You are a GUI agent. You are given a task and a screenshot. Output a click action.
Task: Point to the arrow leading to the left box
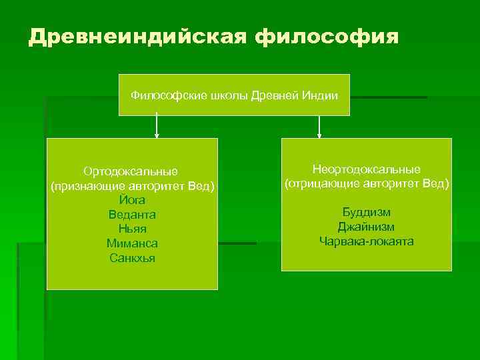pyautogui.click(x=157, y=126)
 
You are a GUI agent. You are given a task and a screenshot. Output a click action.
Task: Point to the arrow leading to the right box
pyautogui.click(x=320, y=126)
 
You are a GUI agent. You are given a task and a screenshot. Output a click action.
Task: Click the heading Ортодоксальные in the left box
pyautogui.click(x=131, y=171)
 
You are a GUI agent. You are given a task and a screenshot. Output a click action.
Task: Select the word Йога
pyautogui.click(x=132, y=200)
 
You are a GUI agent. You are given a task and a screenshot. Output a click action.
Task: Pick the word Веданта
pyautogui.click(x=132, y=215)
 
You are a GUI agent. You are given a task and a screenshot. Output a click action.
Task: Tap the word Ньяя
pyautogui.click(x=132, y=229)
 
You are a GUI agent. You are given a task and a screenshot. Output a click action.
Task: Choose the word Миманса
pyautogui.click(x=132, y=243)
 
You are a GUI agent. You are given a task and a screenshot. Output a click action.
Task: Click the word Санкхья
pyautogui.click(x=132, y=257)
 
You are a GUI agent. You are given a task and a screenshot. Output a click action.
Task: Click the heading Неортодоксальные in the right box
pyautogui.click(x=367, y=169)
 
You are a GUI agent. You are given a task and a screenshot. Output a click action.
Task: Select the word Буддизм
pyautogui.click(x=367, y=212)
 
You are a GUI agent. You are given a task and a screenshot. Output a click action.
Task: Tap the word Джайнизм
pyautogui.click(x=367, y=227)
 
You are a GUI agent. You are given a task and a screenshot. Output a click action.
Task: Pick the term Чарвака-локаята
pyautogui.click(x=367, y=241)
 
